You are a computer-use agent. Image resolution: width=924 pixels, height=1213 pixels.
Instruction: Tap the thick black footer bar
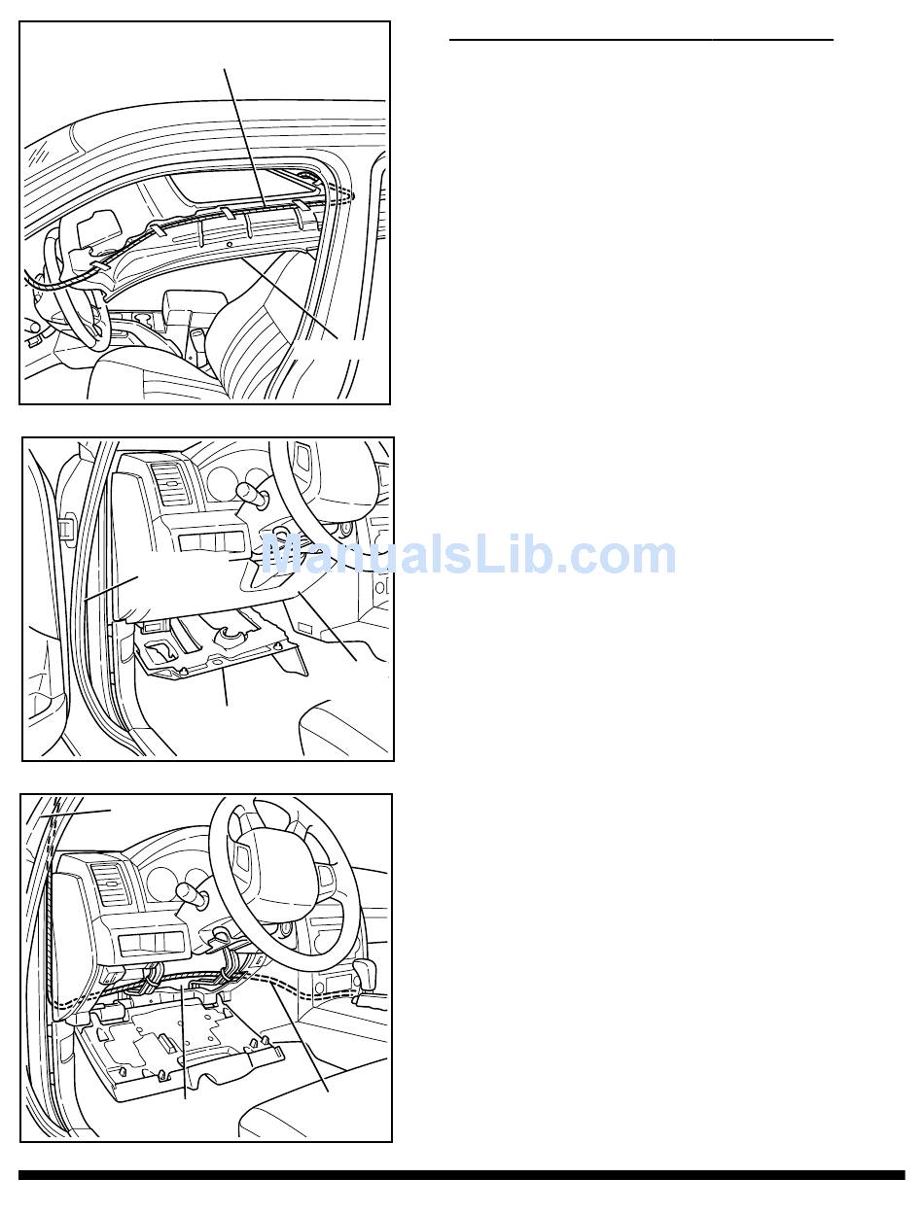[462, 1175]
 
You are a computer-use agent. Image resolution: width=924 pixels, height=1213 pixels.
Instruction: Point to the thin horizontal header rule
[641, 40]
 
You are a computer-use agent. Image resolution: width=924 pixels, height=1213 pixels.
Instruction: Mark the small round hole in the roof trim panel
[229, 244]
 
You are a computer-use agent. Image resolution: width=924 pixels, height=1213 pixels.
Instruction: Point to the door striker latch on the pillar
[67, 530]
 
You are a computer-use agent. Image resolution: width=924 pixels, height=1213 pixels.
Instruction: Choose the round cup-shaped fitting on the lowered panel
[229, 634]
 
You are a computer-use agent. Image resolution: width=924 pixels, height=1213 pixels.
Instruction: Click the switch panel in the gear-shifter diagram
[150, 942]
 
